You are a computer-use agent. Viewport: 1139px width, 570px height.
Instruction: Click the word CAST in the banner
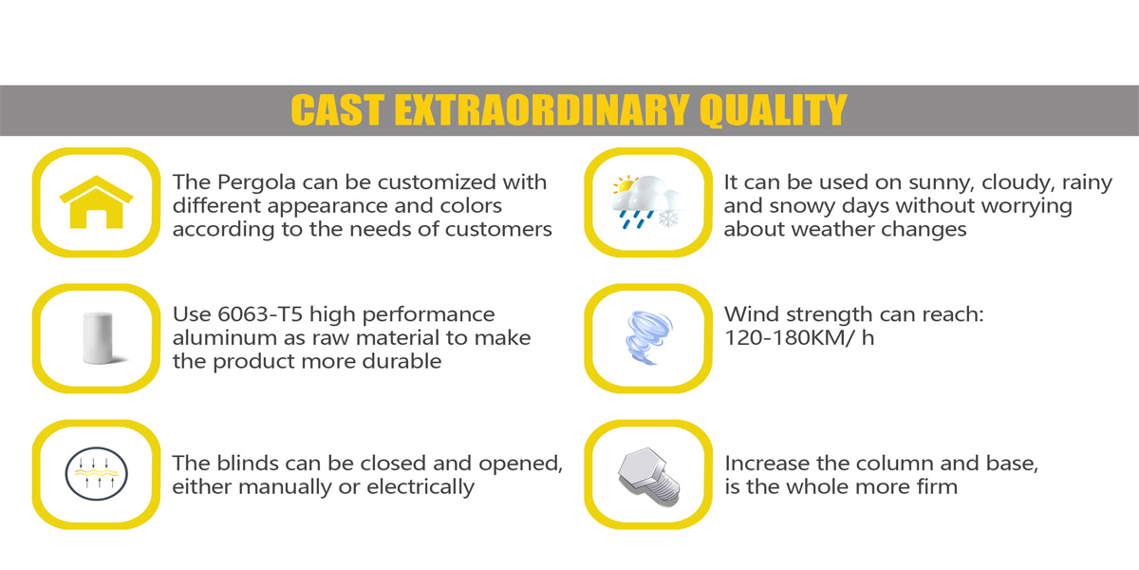[337, 110]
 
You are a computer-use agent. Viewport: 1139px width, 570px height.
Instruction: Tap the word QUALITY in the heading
[774, 110]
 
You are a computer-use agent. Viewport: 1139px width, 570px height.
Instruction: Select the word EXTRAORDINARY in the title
[542, 110]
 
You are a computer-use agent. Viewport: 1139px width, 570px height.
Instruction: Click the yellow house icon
[96, 202]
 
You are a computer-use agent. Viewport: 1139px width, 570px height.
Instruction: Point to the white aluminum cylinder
[98, 338]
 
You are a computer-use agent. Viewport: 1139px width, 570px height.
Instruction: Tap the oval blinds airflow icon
[96, 474]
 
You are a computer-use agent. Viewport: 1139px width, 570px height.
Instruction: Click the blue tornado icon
[648, 337]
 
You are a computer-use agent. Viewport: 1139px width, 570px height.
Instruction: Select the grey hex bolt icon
[649, 477]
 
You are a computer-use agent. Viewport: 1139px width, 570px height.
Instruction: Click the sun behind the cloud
[625, 184]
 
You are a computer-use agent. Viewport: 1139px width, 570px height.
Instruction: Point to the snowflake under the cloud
[668, 218]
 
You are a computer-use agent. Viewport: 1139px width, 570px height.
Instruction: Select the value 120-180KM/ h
[799, 338]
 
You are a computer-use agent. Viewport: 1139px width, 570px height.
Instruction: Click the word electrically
[420, 487]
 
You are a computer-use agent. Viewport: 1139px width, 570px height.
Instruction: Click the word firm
[937, 487]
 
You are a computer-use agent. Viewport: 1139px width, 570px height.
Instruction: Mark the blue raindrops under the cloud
[635, 219]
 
